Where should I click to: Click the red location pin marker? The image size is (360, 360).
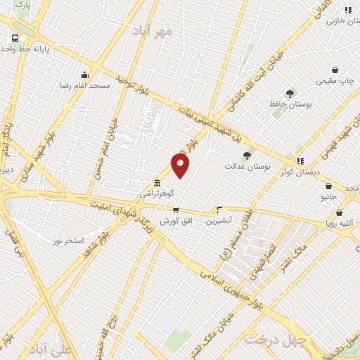(x=180, y=166)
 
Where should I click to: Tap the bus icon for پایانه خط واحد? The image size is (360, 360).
(x=15, y=39)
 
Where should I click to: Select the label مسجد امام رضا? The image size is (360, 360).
(x=85, y=85)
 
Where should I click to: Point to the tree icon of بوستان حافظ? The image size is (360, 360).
(x=289, y=94)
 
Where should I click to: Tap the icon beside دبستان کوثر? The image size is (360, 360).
(x=300, y=161)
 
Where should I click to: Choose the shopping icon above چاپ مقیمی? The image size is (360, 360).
(x=335, y=70)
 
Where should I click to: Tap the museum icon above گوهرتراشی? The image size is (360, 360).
(x=156, y=183)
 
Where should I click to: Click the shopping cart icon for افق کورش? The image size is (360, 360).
(x=176, y=210)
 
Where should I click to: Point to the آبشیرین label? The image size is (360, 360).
(x=219, y=220)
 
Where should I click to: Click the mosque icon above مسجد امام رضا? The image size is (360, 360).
(x=85, y=75)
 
